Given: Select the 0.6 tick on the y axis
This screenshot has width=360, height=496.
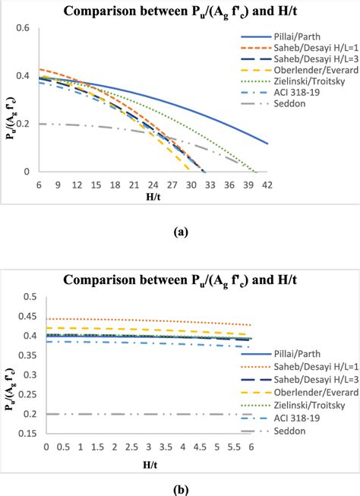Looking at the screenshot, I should click(24, 28).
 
